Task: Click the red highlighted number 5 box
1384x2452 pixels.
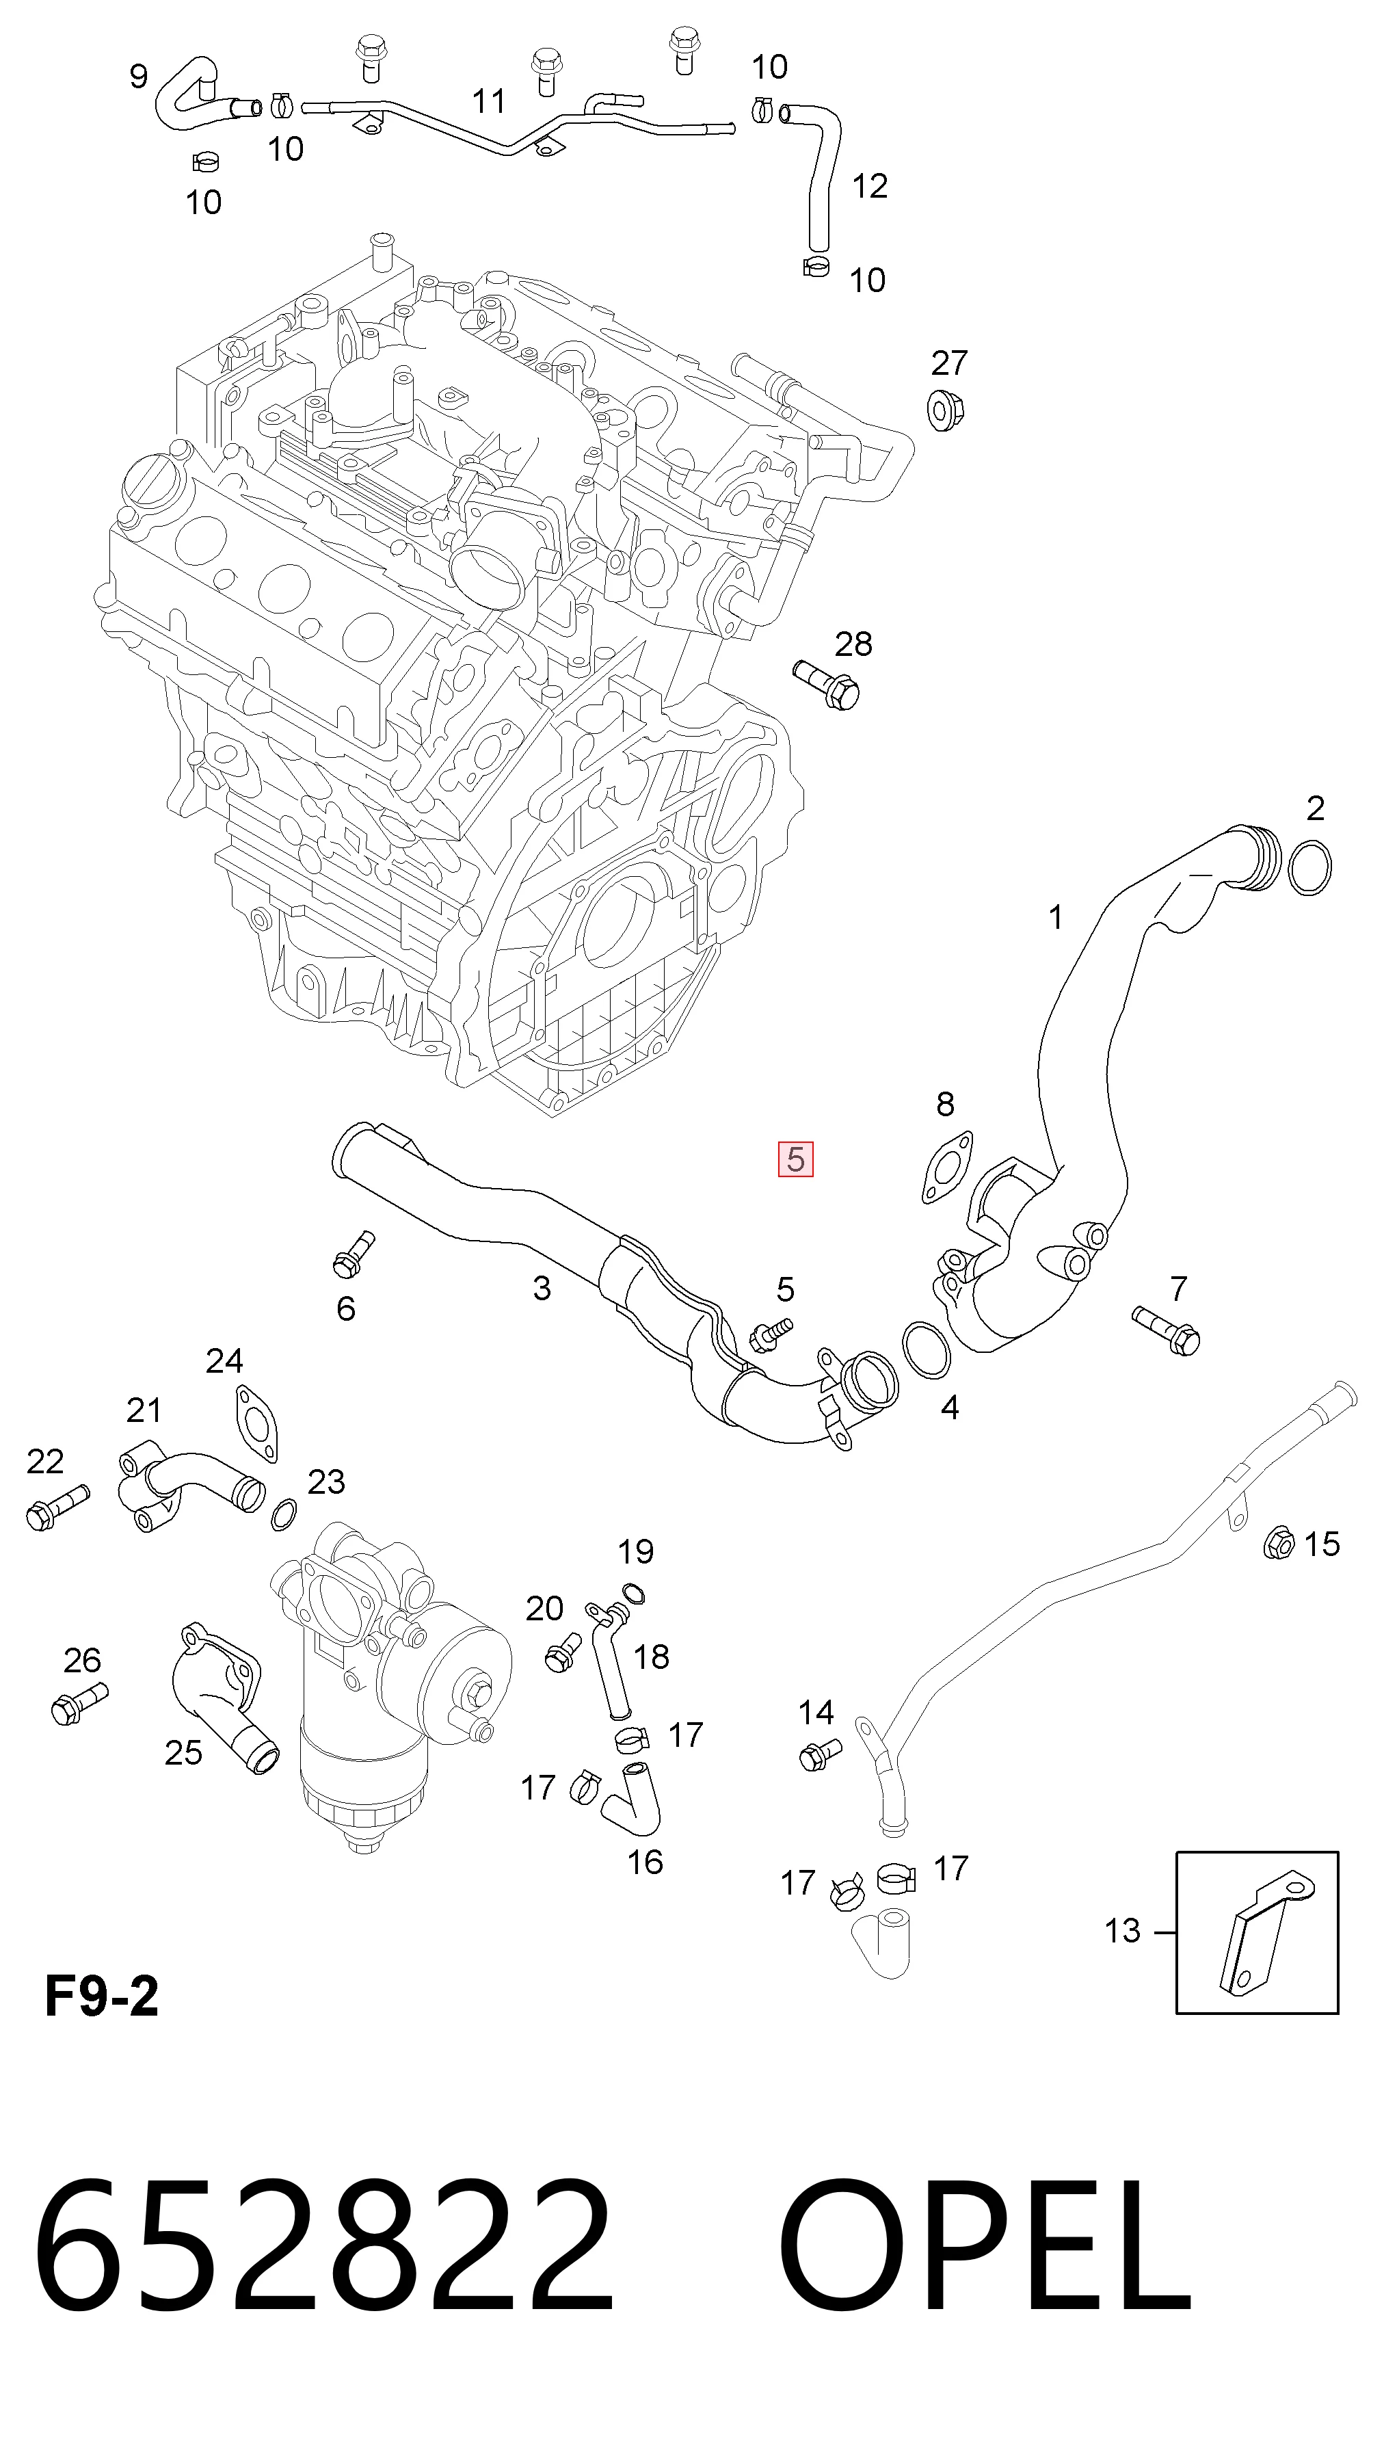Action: coord(796,1159)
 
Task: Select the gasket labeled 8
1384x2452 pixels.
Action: coord(947,1167)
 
